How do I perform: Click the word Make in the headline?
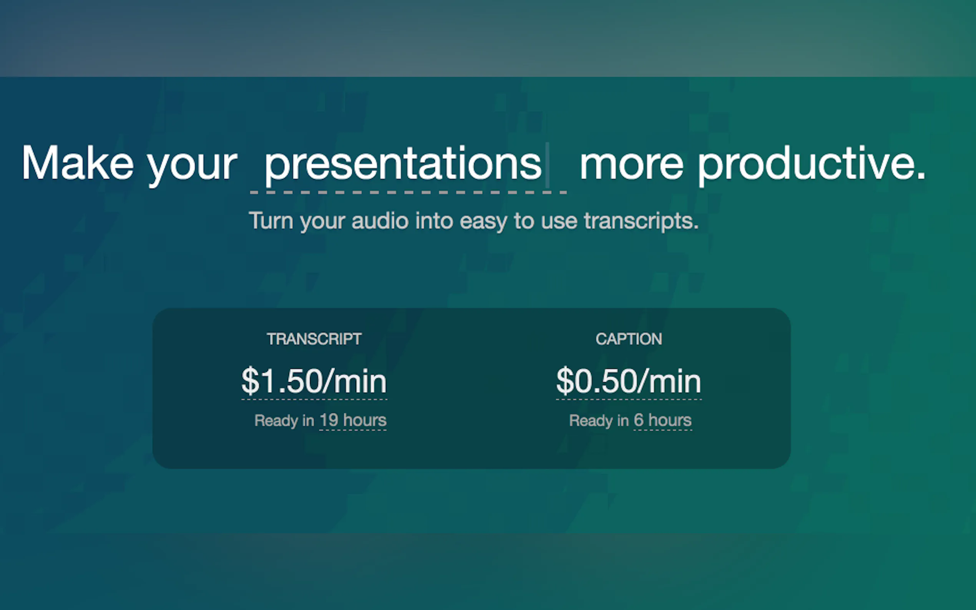(x=78, y=162)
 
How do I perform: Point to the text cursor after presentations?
(x=548, y=165)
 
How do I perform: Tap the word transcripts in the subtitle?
(x=641, y=222)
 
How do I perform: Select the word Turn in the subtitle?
(x=271, y=221)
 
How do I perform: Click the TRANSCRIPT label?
(x=314, y=339)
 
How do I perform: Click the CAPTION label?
(x=629, y=339)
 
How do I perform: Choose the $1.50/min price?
(x=314, y=381)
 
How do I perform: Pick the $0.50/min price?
(x=629, y=381)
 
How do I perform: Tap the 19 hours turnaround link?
(x=353, y=420)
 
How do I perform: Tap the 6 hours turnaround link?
(x=663, y=420)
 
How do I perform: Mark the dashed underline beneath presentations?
(x=408, y=192)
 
